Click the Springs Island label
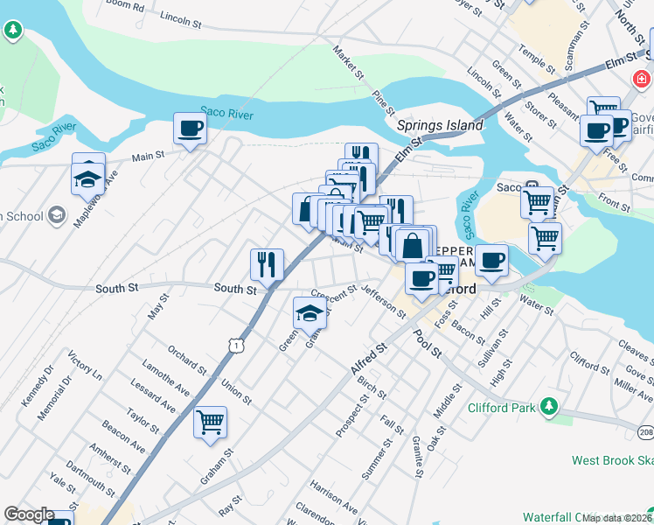(x=440, y=125)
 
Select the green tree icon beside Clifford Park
(x=548, y=406)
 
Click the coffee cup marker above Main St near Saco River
(x=190, y=129)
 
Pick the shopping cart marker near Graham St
(x=210, y=423)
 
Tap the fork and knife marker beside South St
(x=267, y=263)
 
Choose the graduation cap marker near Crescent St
(x=309, y=313)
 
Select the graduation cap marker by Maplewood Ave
(x=87, y=178)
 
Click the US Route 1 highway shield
(x=236, y=346)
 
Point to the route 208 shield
(x=645, y=431)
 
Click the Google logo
(x=29, y=515)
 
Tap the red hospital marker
(x=640, y=80)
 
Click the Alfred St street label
(x=369, y=360)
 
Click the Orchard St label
(x=188, y=360)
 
